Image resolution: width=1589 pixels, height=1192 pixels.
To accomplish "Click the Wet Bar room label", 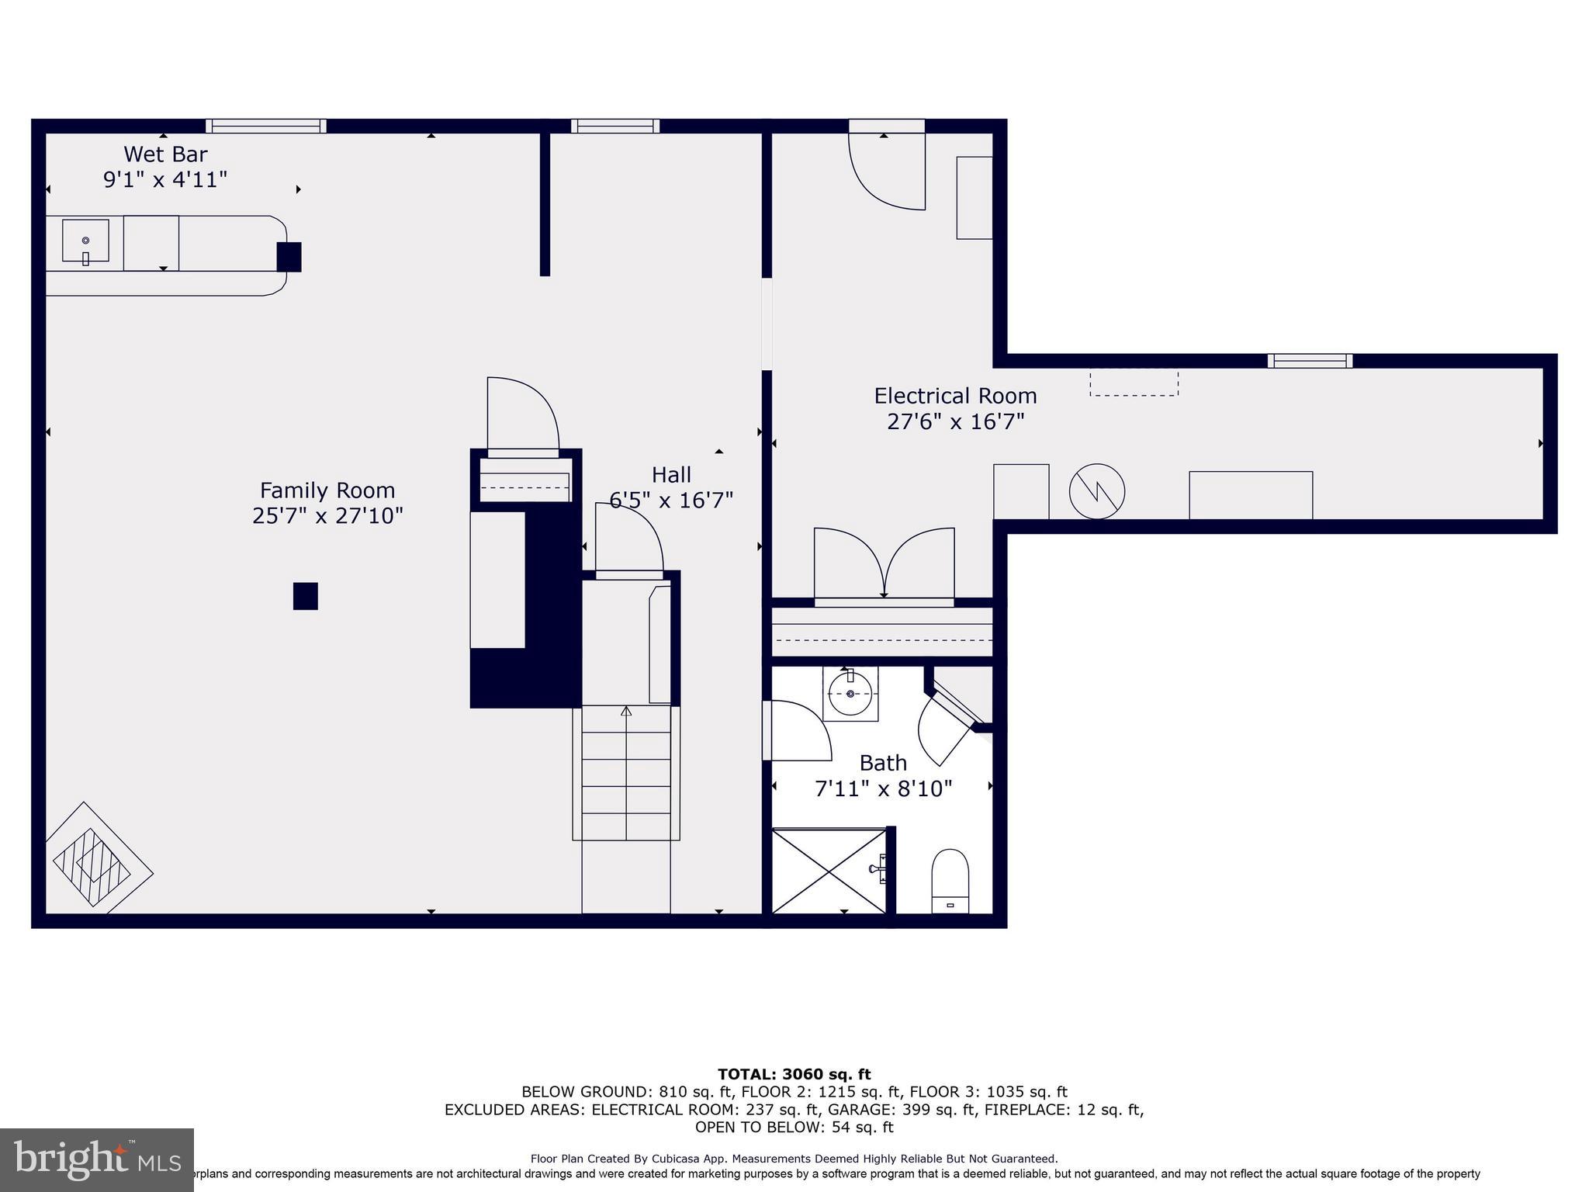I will click(x=165, y=154).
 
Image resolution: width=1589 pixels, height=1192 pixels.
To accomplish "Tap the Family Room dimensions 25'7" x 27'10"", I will click(x=327, y=516).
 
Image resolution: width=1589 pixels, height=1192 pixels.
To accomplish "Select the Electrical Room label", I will click(x=955, y=396).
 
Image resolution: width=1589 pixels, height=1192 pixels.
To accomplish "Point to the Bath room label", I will click(x=883, y=763).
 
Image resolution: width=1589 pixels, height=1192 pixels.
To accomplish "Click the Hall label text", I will click(x=671, y=474).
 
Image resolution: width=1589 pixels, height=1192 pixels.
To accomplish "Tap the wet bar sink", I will click(x=85, y=241).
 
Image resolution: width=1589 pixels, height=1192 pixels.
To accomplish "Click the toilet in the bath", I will click(x=950, y=881).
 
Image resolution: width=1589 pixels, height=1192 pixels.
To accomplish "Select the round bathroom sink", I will click(x=850, y=693).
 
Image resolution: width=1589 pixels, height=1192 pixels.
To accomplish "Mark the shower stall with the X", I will click(x=829, y=871).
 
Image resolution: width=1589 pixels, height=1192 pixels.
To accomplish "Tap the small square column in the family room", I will click(x=305, y=596).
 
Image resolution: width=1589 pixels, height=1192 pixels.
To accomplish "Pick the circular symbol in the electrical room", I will click(x=1097, y=491).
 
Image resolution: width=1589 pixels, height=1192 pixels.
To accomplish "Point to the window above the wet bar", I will click(x=266, y=126).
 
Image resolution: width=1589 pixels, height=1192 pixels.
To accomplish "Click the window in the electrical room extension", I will click(x=1310, y=361).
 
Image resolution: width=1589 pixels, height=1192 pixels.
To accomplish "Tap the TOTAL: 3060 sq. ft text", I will click(x=794, y=1074).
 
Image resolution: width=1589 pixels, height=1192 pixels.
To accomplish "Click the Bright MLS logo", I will click(x=96, y=1159).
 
